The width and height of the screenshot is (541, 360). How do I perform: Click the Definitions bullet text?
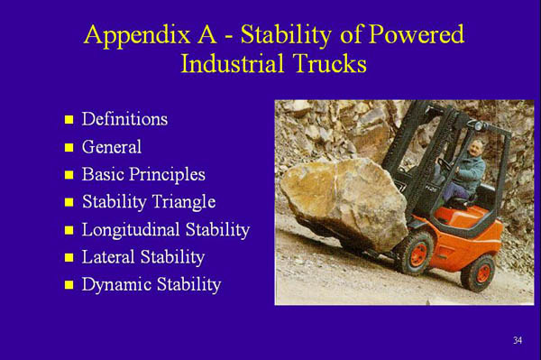click(x=124, y=119)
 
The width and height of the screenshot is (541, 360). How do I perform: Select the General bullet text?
click(x=112, y=146)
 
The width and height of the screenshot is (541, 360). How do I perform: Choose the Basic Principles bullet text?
click(x=143, y=174)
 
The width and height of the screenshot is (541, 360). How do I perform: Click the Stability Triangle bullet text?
click(x=149, y=202)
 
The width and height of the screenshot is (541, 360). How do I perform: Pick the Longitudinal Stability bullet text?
click(x=165, y=230)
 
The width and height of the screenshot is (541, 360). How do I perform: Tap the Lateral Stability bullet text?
click(x=143, y=258)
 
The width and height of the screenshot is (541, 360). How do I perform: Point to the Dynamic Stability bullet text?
click(x=151, y=285)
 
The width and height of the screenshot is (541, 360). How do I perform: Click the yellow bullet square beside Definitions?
click(x=68, y=120)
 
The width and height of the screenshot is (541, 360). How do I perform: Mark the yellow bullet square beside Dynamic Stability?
click(x=68, y=286)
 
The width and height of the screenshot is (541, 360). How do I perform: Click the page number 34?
click(x=518, y=340)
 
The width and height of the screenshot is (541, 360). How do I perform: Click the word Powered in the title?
click(x=413, y=35)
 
